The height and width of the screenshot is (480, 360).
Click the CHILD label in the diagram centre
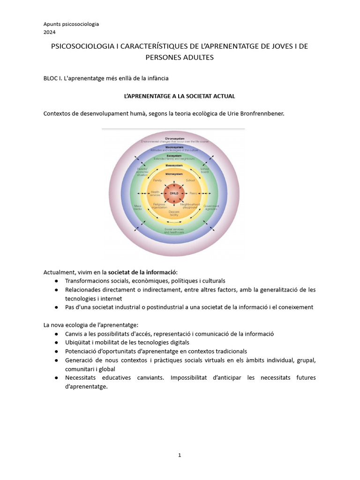pos(174,193)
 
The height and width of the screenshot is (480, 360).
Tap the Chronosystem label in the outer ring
pos(174,139)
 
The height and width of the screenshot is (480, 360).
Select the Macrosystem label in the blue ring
pos(174,147)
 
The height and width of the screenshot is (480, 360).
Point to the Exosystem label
pos(174,156)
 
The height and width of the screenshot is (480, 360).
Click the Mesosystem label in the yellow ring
pos(174,165)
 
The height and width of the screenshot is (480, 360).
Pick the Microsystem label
pos(174,174)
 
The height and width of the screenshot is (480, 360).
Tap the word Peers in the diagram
pos(193,193)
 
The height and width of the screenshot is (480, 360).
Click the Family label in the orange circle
pos(157,180)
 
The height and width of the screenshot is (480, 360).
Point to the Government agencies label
pos(210,206)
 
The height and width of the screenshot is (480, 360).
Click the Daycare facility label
pos(174,214)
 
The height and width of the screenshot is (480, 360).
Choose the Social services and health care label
pos(174,231)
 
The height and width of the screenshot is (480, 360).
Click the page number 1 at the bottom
pos(180,454)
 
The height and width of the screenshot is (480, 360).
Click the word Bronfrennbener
pos(262,113)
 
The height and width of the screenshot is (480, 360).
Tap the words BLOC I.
pos(55,77)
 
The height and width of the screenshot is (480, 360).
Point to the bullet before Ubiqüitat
pos(56,343)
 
